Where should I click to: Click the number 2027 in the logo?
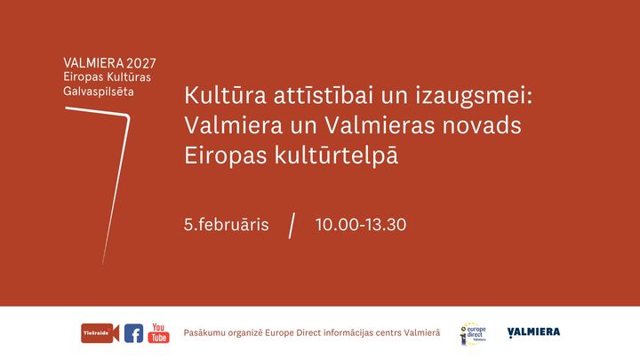tap(141, 63)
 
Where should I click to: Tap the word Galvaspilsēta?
tap(99, 91)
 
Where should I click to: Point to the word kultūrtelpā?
tap(336, 156)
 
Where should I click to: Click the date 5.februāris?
tap(227, 225)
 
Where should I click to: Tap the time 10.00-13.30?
tap(361, 225)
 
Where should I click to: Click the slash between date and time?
tap(292, 225)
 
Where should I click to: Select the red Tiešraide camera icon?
tap(100, 333)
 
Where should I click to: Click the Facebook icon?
tap(133, 333)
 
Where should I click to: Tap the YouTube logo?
tap(158, 333)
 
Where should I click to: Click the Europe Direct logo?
tap(473, 333)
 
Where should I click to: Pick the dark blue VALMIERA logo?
tap(533, 332)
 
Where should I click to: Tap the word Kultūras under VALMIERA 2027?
tap(129, 76)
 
